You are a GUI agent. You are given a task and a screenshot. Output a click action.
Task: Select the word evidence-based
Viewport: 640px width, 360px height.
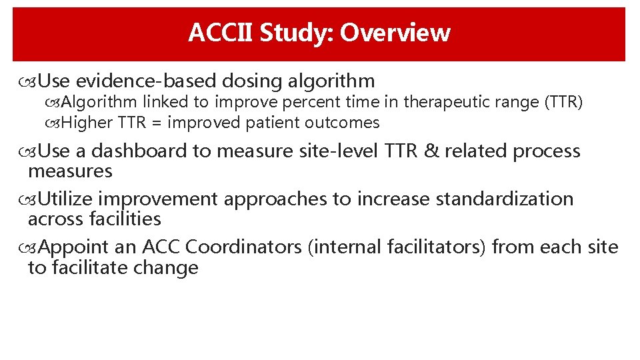coord(146,81)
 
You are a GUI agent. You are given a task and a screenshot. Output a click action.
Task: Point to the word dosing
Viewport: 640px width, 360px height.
coord(252,81)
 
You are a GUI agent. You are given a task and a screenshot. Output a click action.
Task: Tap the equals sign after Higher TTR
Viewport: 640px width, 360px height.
coord(158,123)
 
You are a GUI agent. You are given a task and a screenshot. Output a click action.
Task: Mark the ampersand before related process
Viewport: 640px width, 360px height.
coord(431,151)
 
